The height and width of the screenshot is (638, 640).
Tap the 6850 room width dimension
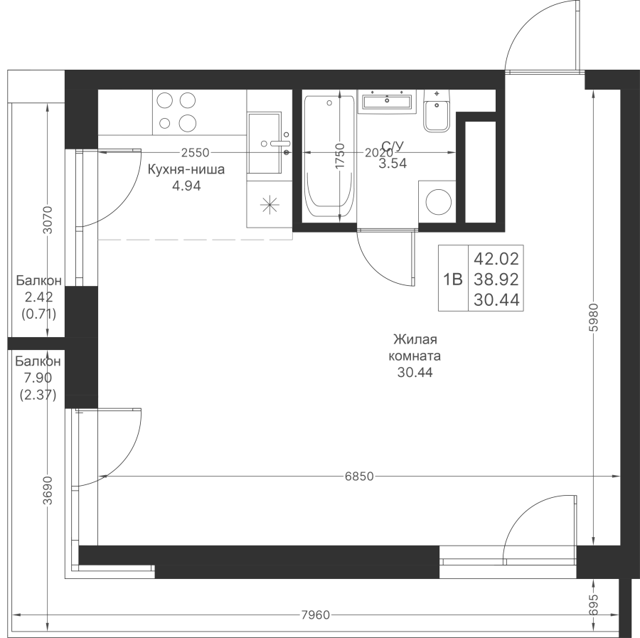[x=359, y=476]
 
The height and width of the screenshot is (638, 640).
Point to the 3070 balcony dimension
[x=48, y=220]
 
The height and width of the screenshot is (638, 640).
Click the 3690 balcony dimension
[x=48, y=490]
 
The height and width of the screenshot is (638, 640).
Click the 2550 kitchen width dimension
[x=195, y=153]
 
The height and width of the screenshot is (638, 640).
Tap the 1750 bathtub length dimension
[x=340, y=155]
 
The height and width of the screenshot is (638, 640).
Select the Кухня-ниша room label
[x=186, y=169]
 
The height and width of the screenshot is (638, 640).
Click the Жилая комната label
[x=415, y=347]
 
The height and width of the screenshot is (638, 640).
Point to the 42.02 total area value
[x=496, y=258]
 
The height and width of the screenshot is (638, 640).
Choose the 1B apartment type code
[x=453, y=280]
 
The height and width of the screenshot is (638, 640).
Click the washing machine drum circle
[x=439, y=202]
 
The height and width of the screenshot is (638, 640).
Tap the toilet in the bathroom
[x=437, y=111]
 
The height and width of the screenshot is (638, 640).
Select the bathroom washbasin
[x=387, y=101]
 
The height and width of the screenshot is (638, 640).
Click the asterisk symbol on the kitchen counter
[x=270, y=205]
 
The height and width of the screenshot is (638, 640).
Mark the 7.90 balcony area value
[x=38, y=378]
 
